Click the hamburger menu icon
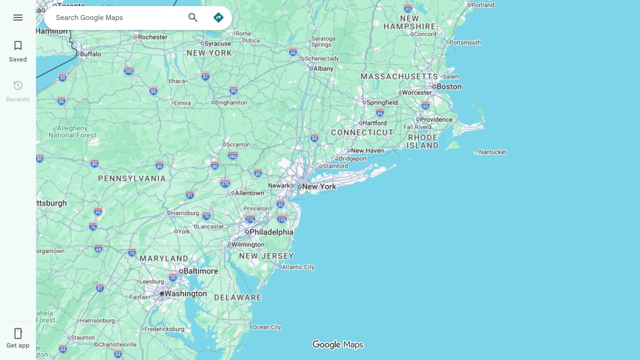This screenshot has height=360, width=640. [18, 17]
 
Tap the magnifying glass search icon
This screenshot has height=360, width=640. [193, 17]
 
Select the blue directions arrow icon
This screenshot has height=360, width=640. [218, 17]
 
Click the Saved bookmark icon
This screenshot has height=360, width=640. [18, 46]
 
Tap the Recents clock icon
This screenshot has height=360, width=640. [18, 86]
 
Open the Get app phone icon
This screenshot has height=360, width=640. [18, 333]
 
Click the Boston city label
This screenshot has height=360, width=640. [449, 87]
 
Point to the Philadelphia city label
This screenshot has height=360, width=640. [271, 232]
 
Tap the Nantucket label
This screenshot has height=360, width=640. [492, 152]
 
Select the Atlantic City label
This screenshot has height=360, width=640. [298, 267]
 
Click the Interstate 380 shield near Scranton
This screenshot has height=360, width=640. [232, 156]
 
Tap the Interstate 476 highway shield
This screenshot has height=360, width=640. [225, 183]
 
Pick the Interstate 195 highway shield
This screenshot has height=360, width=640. [282, 219]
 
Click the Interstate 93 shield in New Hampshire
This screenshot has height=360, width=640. [408, 9]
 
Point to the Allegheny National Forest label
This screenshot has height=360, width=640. [72, 132]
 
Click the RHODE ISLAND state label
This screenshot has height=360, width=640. [422, 142]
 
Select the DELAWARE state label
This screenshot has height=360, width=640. [237, 297]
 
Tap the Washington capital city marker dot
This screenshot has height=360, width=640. [162, 293]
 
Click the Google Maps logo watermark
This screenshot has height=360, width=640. [337, 344]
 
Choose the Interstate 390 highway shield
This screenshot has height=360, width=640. [128, 71]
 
